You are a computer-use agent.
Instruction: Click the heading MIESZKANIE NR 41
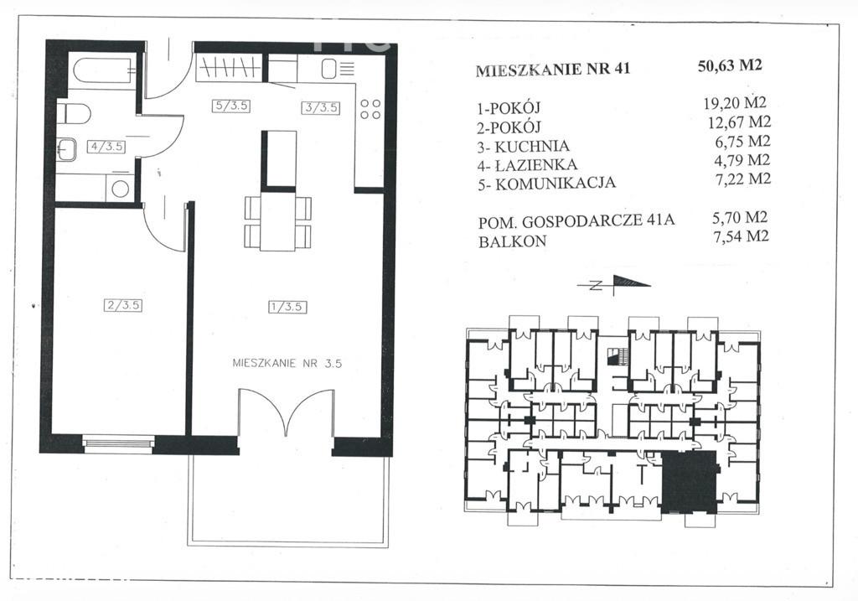(x=553, y=70)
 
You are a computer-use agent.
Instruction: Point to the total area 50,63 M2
(x=730, y=65)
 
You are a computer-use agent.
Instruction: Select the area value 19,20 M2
(x=735, y=102)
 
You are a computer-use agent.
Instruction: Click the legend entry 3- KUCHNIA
(x=524, y=147)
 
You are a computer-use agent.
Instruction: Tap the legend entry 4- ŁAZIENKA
(x=528, y=165)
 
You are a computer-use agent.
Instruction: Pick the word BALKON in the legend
(x=512, y=241)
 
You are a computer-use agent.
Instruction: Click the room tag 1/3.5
(x=287, y=307)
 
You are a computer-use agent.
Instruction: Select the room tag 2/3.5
(x=123, y=305)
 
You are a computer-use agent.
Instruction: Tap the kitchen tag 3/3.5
(x=321, y=107)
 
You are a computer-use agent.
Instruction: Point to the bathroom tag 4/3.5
(x=107, y=147)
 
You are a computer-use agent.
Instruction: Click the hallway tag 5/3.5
(x=231, y=106)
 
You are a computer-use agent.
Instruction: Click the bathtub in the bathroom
(x=105, y=70)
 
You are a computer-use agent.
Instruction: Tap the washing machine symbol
(x=120, y=189)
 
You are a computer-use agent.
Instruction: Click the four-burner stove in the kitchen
(x=370, y=109)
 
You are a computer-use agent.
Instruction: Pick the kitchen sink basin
(x=329, y=69)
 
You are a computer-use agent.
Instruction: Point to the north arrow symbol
(x=614, y=285)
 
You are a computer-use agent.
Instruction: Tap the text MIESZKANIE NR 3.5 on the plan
(x=287, y=363)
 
